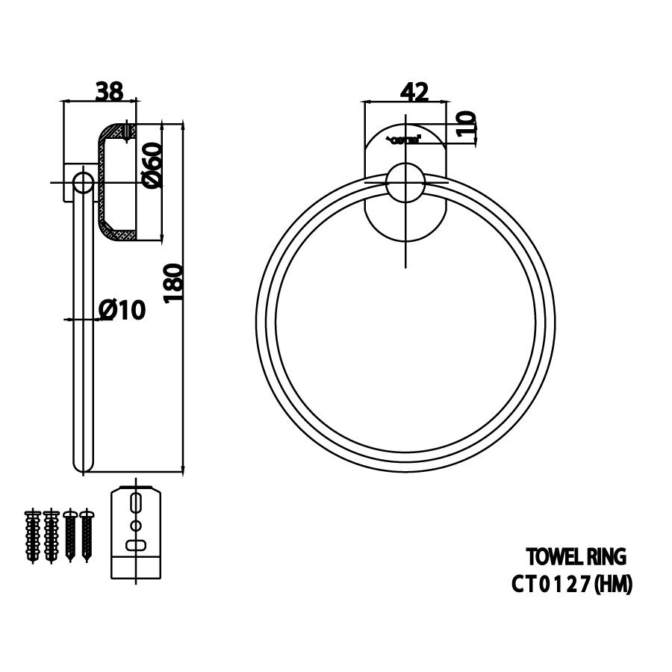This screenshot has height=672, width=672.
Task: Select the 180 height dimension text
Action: pyautogui.click(x=172, y=281)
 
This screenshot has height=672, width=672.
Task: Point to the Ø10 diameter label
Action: pyautogui.click(x=121, y=309)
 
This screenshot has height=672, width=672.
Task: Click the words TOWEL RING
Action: pyautogui.click(x=575, y=557)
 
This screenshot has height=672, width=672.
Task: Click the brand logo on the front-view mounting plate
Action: pyautogui.click(x=404, y=139)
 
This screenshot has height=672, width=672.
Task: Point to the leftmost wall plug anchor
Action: pyautogui.click(x=33, y=535)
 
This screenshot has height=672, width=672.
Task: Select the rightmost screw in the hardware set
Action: pyautogui.click(x=88, y=535)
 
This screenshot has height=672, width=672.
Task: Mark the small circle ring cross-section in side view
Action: pyautogui.click(x=81, y=184)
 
